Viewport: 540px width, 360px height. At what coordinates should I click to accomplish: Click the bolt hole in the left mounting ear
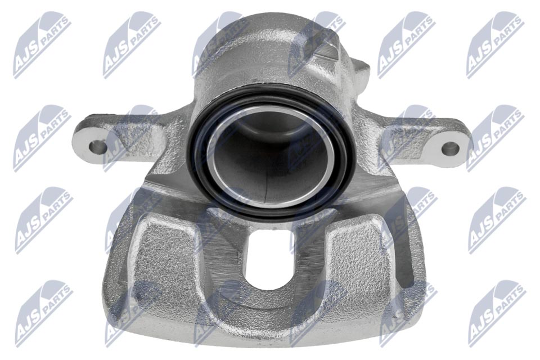coord(98,147)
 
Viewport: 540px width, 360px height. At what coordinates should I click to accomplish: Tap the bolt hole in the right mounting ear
coord(450,149)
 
